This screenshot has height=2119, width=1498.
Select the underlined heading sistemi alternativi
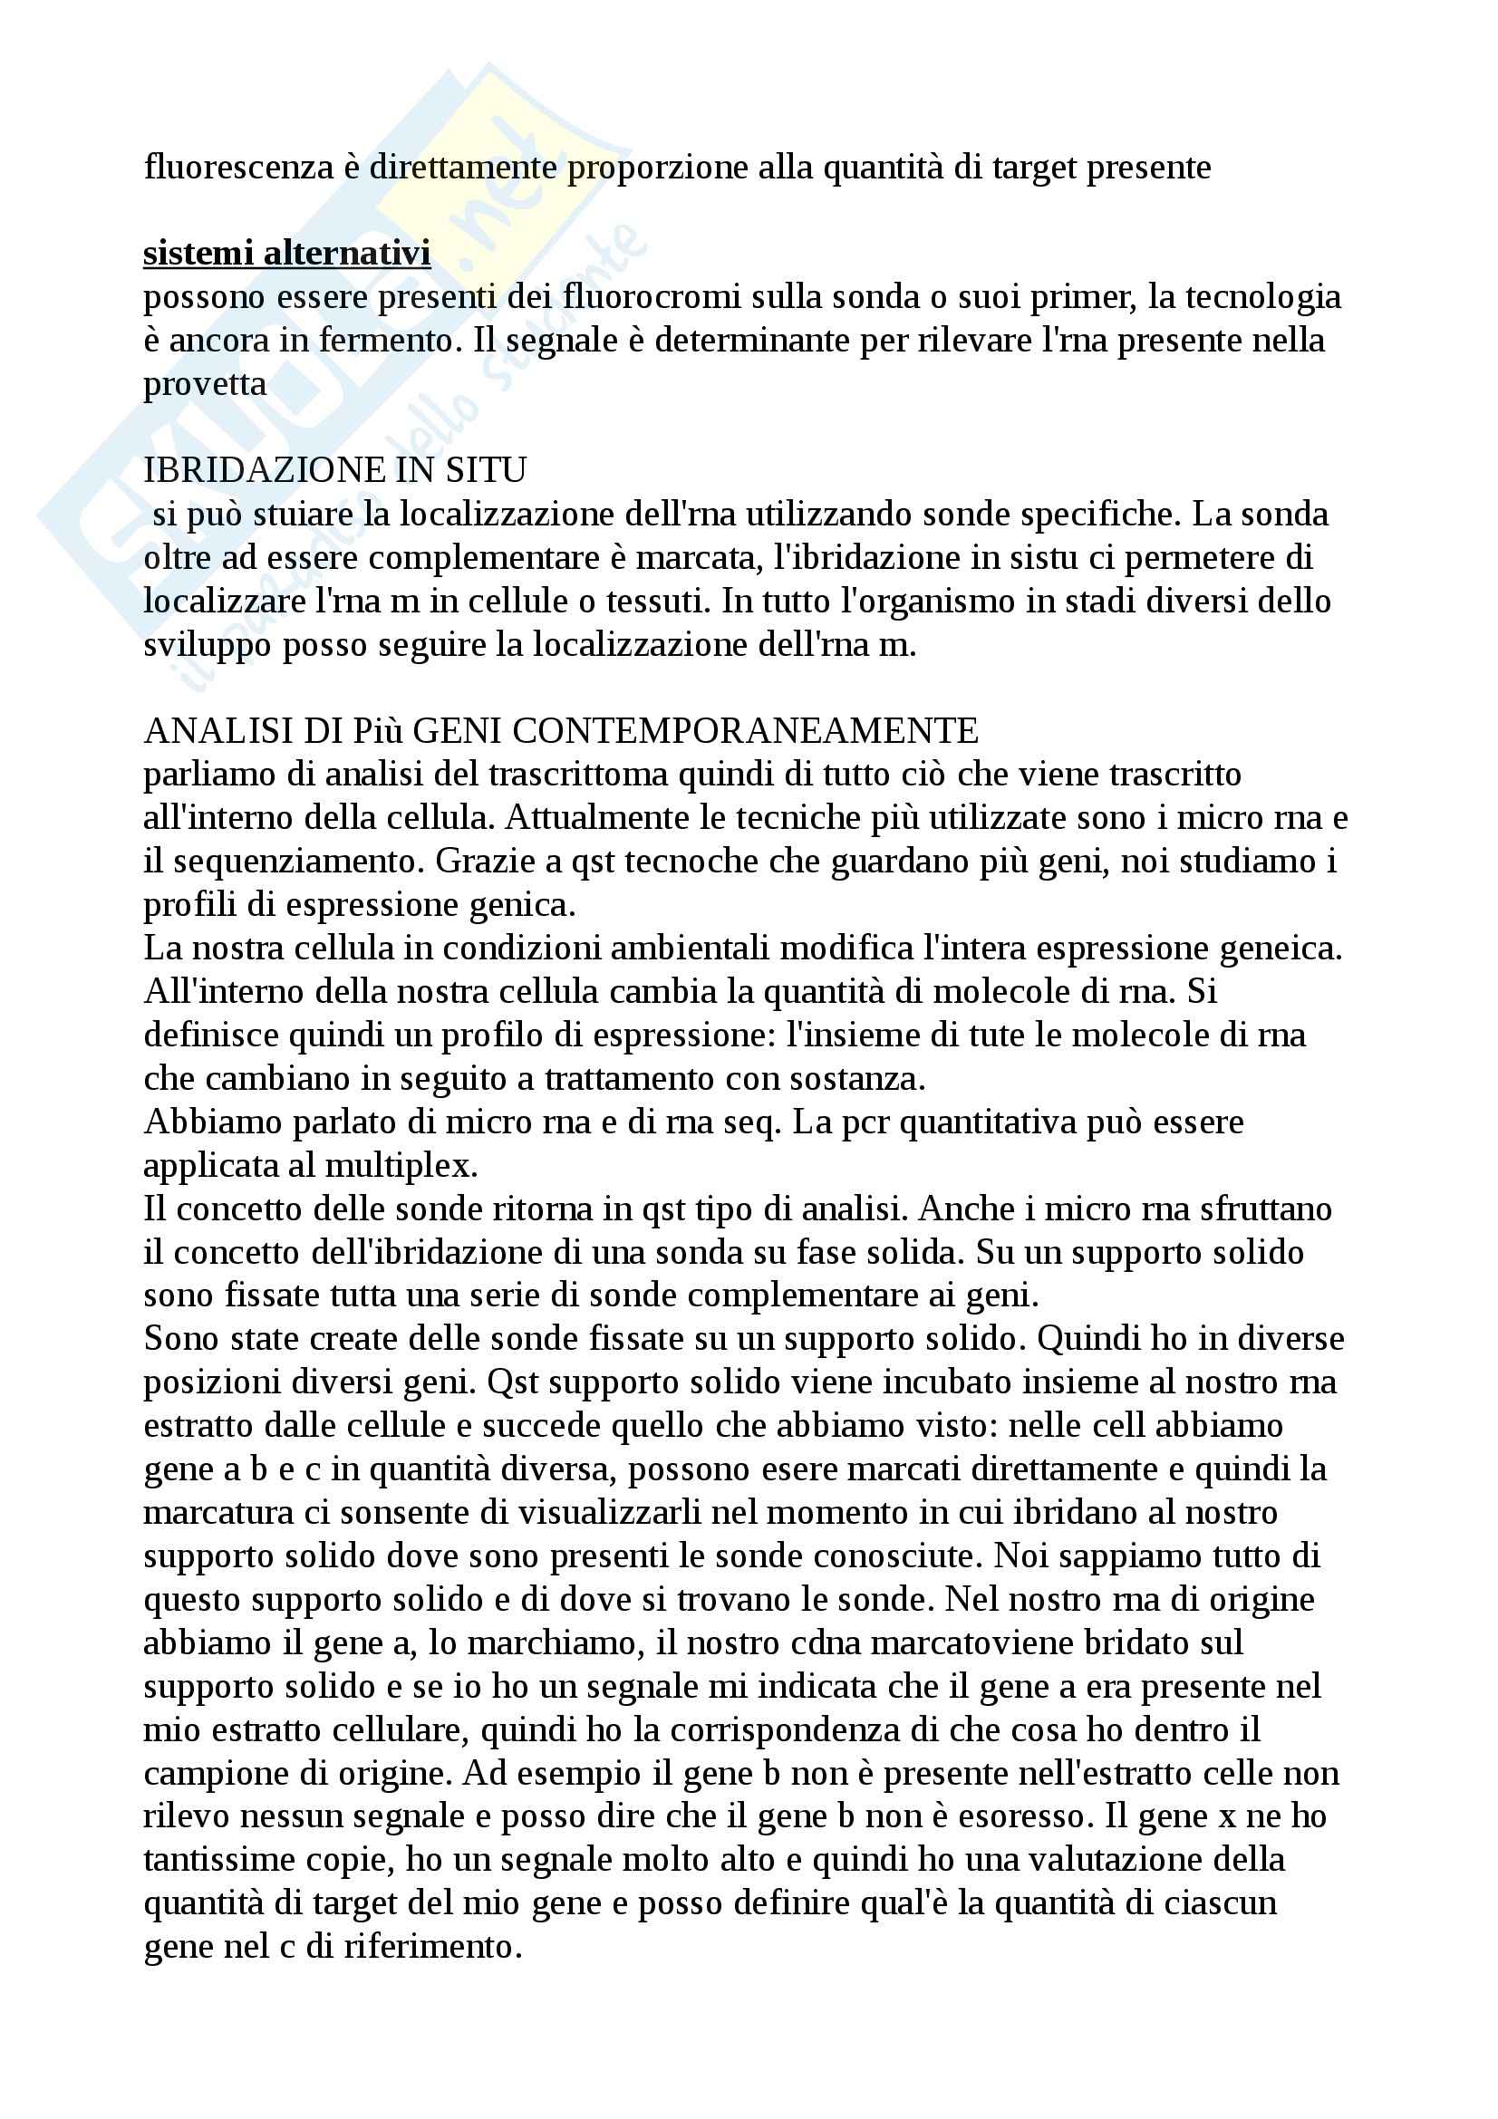pyautogui.click(x=287, y=253)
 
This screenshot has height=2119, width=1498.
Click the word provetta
pyautogui.click(x=205, y=384)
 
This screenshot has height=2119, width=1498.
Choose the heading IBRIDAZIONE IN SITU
pyautogui.click(x=335, y=471)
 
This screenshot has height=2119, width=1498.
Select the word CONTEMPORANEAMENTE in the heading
pyautogui.click(x=745, y=731)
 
